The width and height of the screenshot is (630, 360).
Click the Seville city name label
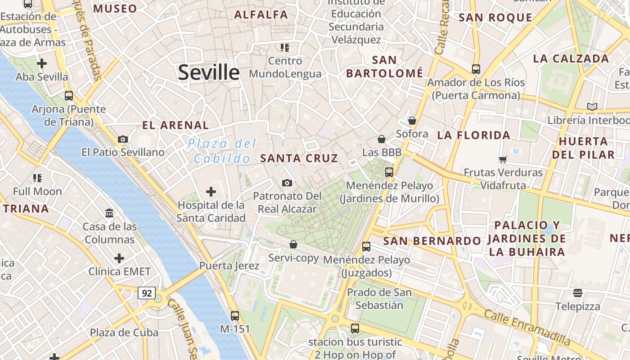point(209,72)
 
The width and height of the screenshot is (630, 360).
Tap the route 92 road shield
point(147,293)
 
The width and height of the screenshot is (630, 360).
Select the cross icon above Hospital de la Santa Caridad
point(211,192)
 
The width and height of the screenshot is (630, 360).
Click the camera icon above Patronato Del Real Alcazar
point(287,183)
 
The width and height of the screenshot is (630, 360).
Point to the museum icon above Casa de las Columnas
point(109,213)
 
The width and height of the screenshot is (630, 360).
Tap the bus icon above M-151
point(234,315)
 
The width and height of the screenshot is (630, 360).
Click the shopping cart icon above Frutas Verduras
point(503,159)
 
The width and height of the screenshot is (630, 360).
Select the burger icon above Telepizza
point(578,293)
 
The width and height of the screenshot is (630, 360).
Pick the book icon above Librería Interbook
point(592,107)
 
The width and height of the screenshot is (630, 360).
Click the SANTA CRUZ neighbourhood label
point(299,158)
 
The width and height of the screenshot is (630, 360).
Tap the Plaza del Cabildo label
point(222,151)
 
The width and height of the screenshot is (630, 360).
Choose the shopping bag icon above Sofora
point(412,121)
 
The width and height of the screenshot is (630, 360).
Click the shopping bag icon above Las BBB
point(382,139)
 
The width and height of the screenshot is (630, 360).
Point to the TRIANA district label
point(26,209)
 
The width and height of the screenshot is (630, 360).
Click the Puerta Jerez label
point(229,266)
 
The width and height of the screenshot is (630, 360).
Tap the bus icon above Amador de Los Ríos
point(476,69)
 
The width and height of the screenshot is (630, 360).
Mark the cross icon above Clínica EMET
point(119,258)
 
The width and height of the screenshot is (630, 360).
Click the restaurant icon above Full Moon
point(37,178)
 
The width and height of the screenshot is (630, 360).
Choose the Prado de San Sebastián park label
point(379,299)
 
